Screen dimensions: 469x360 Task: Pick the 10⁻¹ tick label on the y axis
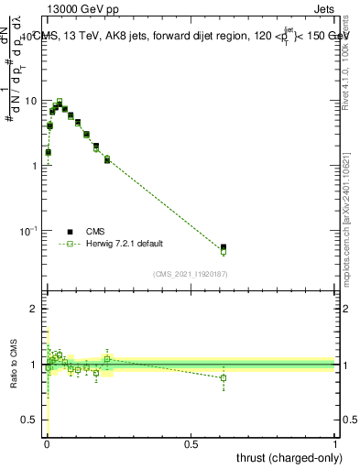point(27,230)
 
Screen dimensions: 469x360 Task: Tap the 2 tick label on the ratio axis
point(34,309)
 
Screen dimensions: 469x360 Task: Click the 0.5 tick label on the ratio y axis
point(28,420)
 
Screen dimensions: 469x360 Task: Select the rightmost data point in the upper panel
point(224,247)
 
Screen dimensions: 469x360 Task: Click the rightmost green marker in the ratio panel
point(224,377)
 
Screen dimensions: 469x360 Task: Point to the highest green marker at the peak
point(60,102)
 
